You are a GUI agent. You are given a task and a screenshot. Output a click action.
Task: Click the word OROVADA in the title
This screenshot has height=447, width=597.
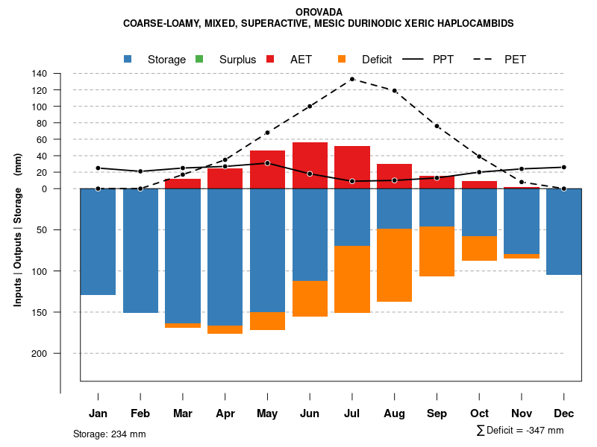coord(319,12)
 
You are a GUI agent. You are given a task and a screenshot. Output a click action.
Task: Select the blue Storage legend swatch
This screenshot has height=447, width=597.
coord(128,59)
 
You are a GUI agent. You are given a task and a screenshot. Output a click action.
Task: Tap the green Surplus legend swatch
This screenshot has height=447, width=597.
coord(199,59)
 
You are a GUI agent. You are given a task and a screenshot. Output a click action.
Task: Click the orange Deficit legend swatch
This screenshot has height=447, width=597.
coord(342,59)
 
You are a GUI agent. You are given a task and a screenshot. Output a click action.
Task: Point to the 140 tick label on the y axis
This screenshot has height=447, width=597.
coord(40,74)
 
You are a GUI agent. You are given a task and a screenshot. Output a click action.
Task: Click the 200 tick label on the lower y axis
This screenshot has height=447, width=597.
coord(40,353)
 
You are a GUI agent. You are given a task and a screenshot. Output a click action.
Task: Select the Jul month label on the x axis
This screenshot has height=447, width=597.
coord(352,413)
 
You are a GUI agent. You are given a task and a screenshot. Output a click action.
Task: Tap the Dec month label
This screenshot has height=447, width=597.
coord(564,413)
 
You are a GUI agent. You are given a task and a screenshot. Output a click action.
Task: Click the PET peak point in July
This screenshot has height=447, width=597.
coord(352,79)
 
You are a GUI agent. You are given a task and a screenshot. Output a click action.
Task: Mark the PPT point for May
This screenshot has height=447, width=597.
coord(267,163)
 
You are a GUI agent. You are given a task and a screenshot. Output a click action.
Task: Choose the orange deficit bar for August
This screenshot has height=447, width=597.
coord(394,265)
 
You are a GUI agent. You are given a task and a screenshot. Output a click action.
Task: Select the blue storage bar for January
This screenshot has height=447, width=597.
coord(98,241)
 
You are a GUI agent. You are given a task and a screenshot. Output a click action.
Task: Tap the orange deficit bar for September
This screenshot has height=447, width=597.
coord(437,251)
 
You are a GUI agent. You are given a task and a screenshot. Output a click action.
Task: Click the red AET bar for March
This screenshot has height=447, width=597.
coord(183,184)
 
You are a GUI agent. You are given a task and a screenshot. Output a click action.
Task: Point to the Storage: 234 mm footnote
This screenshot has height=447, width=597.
coord(109,434)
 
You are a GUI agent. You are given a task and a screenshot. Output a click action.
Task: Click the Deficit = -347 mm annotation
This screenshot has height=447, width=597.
coord(519,431)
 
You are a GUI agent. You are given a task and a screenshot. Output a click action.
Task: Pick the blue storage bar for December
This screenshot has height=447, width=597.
coord(564,232)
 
